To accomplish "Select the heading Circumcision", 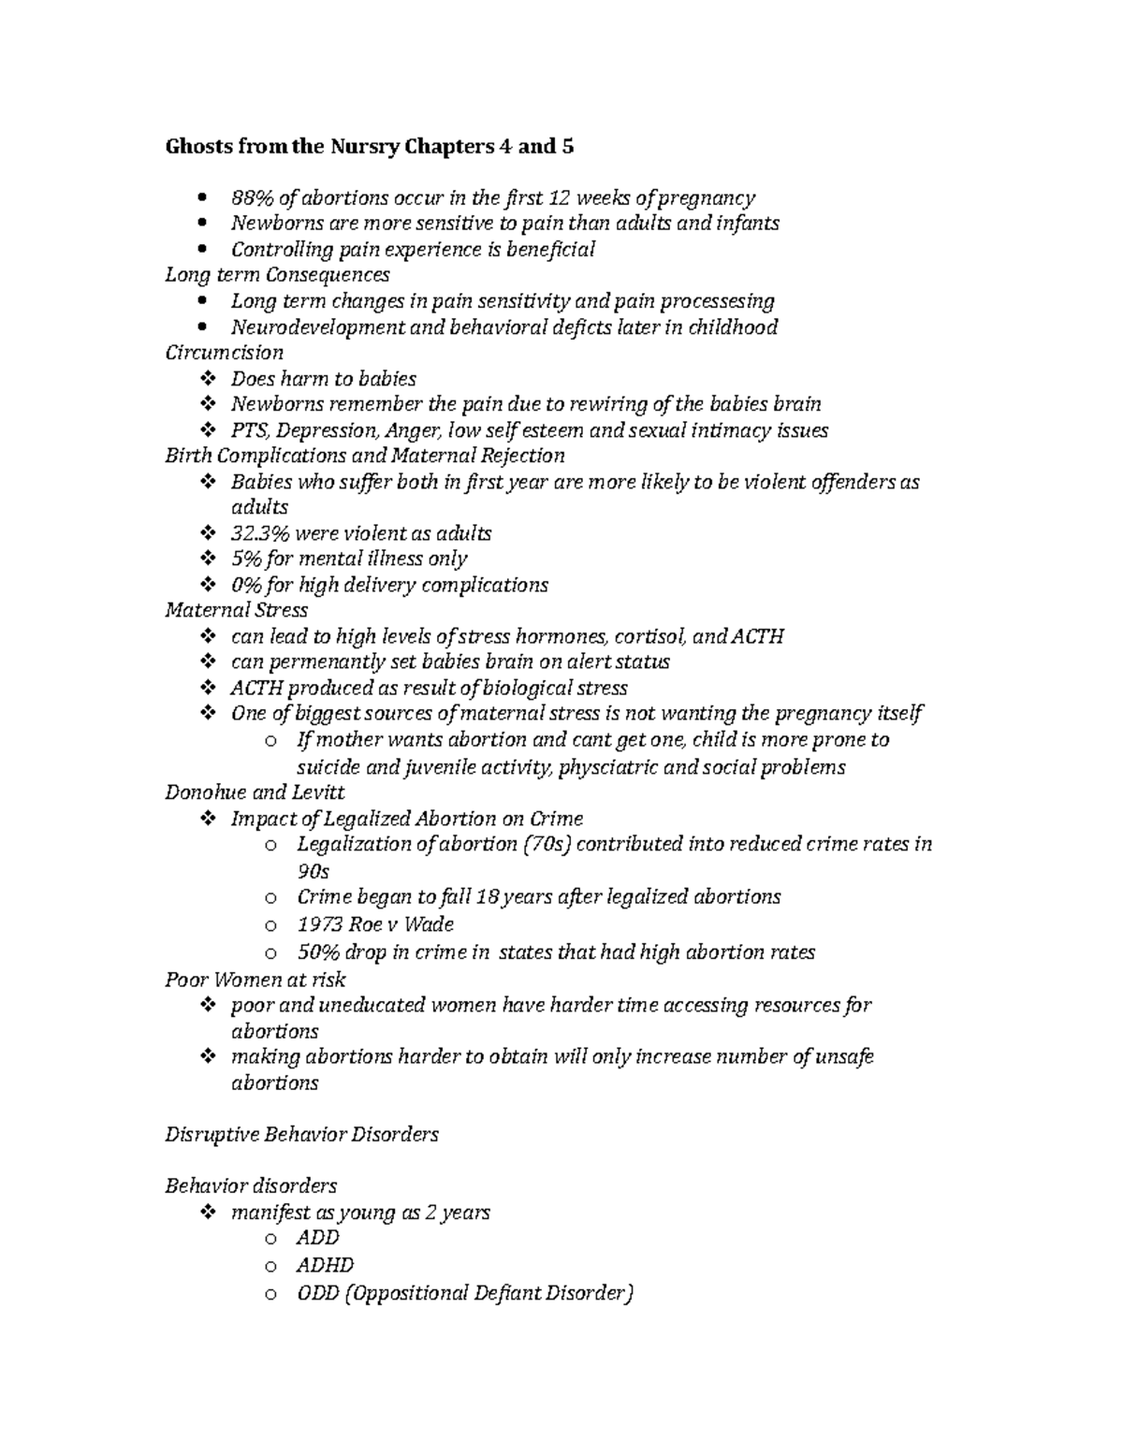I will click(224, 353).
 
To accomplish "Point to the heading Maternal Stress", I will click(236, 610).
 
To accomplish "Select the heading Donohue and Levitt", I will click(255, 792).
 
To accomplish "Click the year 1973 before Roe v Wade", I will click(318, 924).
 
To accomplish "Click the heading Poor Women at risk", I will click(255, 980).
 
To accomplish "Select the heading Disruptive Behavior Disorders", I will click(301, 1134).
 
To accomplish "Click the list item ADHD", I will click(325, 1265).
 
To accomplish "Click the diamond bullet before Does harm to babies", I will click(207, 379).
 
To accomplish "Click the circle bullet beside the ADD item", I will click(270, 1239).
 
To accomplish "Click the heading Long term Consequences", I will click(277, 275).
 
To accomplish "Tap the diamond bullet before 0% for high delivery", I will click(207, 585).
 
